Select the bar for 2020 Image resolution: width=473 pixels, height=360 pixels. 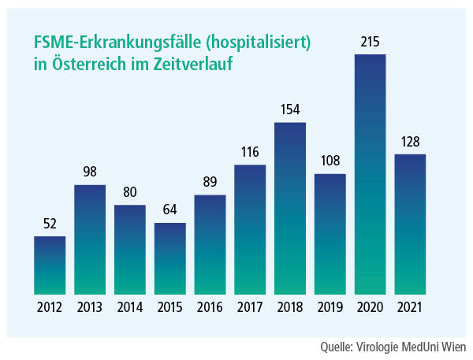click(370, 174)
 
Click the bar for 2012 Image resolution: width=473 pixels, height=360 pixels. click(50, 265)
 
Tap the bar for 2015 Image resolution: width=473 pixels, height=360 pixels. click(169, 258)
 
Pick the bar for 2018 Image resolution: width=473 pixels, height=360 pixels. click(290, 209)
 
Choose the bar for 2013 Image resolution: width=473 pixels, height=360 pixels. click(90, 239)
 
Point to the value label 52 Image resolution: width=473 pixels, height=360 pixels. click(50, 225)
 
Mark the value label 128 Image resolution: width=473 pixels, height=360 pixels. click(410, 142)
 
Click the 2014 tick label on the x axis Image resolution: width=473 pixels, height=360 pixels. click(130, 307)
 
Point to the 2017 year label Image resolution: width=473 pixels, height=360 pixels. click(250, 307)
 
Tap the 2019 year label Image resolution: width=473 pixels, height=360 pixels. click(330, 307)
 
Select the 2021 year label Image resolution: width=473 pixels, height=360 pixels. click(410, 307)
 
